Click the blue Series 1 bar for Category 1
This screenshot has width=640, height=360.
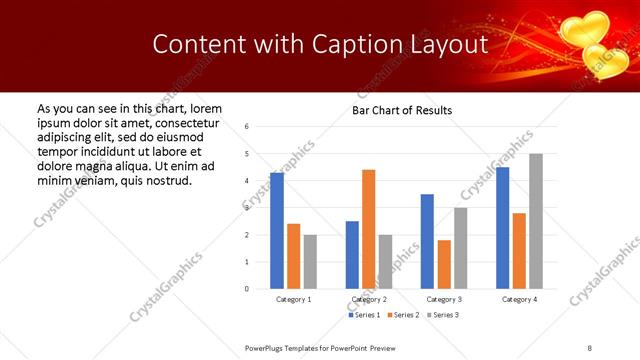[x=277, y=231]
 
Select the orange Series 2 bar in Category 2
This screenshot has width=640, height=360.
[x=369, y=229]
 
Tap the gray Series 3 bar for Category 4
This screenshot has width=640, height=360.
[x=536, y=221]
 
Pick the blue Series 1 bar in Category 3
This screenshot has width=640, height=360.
[x=427, y=241]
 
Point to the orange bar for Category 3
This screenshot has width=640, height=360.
[x=444, y=264]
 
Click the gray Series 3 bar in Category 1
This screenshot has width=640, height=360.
[x=310, y=262]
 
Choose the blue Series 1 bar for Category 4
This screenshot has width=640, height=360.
[x=502, y=228]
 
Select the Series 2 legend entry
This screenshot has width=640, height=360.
[x=404, y=315]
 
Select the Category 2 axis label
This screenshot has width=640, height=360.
[x=369, y=299]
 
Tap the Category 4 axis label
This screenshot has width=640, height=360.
[x=519, y=299]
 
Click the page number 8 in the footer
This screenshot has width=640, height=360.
[x=590, y=347]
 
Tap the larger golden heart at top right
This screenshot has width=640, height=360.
[x=582, y=28]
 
